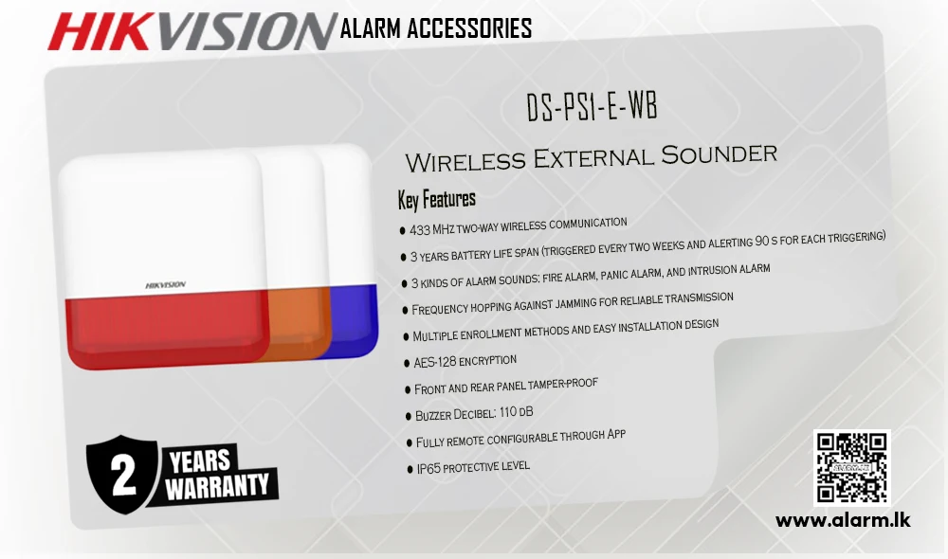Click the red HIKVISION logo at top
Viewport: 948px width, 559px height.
(x=191, y=31)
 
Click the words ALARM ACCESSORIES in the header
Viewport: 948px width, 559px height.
(x=436, y=28)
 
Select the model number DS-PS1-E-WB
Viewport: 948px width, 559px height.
(x=592, y=106)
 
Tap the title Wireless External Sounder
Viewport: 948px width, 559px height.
(x=591, y=157)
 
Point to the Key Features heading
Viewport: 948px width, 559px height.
(x=436, y=199)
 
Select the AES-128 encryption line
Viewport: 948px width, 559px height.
(x=465, y=361)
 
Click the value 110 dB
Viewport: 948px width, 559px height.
(x=517, y=412)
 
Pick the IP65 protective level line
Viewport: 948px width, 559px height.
(x=473, y=466)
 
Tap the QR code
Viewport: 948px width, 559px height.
(x=852, y=467)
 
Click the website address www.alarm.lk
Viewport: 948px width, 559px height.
(x=843, y=520)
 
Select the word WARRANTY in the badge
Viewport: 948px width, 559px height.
(x=217, y=486)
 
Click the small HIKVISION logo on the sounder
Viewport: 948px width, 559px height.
(x=166, y=284)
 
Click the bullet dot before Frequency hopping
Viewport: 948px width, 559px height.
(x=405, y=311)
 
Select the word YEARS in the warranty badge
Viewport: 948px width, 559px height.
(x=199, y=460)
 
